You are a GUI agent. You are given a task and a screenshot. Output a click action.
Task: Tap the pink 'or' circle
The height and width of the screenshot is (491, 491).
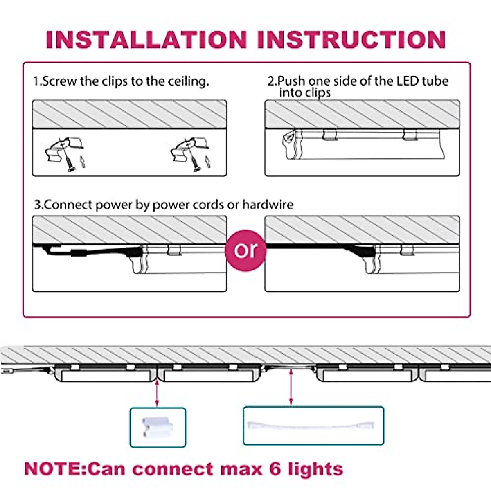[x=246, y=250]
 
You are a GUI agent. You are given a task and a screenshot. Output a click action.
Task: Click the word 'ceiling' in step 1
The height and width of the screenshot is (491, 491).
[x=188, y=81]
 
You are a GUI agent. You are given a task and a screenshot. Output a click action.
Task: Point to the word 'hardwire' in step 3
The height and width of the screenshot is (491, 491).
[x=268, y=204]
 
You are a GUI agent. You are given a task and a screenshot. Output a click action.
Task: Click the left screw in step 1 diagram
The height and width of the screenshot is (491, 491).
[x=70, y=164]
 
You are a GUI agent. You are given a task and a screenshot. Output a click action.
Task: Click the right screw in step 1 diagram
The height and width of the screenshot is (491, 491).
[x=195, y=164]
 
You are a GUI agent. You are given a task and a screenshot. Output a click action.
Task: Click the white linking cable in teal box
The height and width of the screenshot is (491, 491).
[x=313, y=426]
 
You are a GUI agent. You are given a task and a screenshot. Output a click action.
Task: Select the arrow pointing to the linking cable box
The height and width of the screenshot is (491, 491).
[x=291, y=387]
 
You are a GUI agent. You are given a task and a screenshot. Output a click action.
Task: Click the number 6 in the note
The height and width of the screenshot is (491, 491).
[x=275, y=469]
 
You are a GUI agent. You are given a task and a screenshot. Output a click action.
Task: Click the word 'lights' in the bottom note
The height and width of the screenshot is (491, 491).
[x=315, y=469]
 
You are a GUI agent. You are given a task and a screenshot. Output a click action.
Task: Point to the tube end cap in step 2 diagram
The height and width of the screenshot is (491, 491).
[x=289, y=145]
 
